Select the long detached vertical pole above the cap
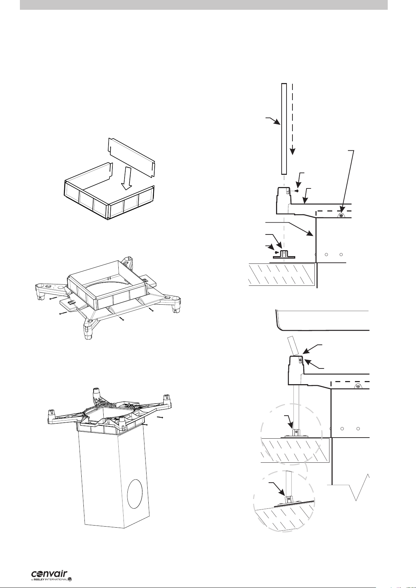pyautogui.click(x=284, y=129)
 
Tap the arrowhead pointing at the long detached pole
pyautogui.click(x=278, y=122)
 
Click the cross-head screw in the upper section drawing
pyautogui.click(x=341, y=216)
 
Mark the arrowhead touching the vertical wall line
pyautogui.click(x=310, y=233)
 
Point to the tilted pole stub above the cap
pyautogui.click(x=295, y=347)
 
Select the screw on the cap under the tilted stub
pyautogui.click(x=300, y=361)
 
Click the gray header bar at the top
pyautogui.click(x=204, y=5)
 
